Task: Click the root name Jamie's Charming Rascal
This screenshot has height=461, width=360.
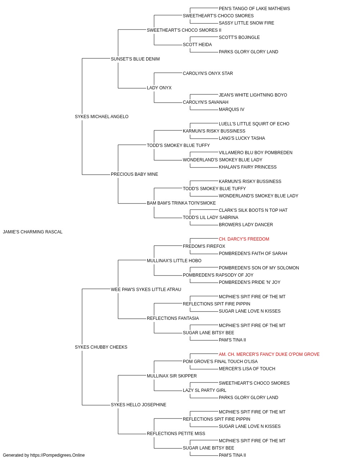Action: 33,232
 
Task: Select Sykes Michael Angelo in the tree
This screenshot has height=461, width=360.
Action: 102,117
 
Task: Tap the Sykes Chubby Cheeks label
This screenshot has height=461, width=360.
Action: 101,347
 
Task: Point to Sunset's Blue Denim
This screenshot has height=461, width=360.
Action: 135,59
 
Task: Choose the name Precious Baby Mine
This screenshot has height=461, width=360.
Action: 134,174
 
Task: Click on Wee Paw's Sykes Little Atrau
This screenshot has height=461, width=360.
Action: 146,289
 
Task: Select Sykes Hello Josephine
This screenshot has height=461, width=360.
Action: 139,404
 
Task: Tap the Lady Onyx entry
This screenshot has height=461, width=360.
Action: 159,88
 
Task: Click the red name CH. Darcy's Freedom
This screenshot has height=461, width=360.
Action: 244,239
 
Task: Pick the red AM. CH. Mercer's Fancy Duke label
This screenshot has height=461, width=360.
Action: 269,354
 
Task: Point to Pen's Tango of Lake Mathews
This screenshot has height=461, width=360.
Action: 254,9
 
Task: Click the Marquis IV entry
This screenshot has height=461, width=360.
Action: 231,109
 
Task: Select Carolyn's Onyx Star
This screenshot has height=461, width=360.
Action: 208,73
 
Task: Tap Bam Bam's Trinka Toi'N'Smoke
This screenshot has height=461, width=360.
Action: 181,203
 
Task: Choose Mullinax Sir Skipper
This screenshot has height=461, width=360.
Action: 172,376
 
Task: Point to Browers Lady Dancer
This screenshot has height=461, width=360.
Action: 246,225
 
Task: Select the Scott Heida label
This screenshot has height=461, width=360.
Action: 197,45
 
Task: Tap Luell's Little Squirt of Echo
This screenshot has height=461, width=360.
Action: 254,124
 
